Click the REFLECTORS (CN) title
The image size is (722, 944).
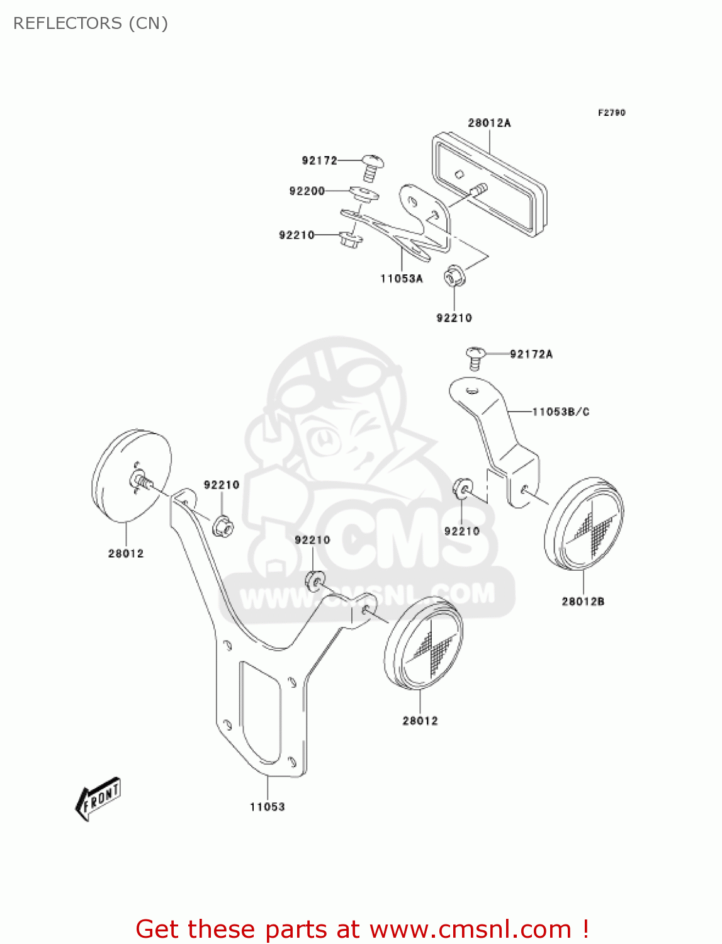91,23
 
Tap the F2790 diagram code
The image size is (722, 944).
611,113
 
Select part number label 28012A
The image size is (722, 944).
489,123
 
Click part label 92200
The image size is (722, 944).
307,191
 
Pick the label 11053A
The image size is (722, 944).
402,278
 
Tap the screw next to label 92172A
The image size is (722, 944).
476,357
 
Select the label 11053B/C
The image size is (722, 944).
560,412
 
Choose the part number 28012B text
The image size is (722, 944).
583,601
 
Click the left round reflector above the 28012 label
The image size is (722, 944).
132,476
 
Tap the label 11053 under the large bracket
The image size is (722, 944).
268,807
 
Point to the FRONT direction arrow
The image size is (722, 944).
98,799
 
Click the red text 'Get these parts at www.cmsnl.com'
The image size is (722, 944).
362,929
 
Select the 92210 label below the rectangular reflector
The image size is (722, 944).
454,318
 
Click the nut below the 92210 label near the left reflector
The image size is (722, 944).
222,525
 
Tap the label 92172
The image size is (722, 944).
319,160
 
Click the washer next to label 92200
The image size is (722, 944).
364,193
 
